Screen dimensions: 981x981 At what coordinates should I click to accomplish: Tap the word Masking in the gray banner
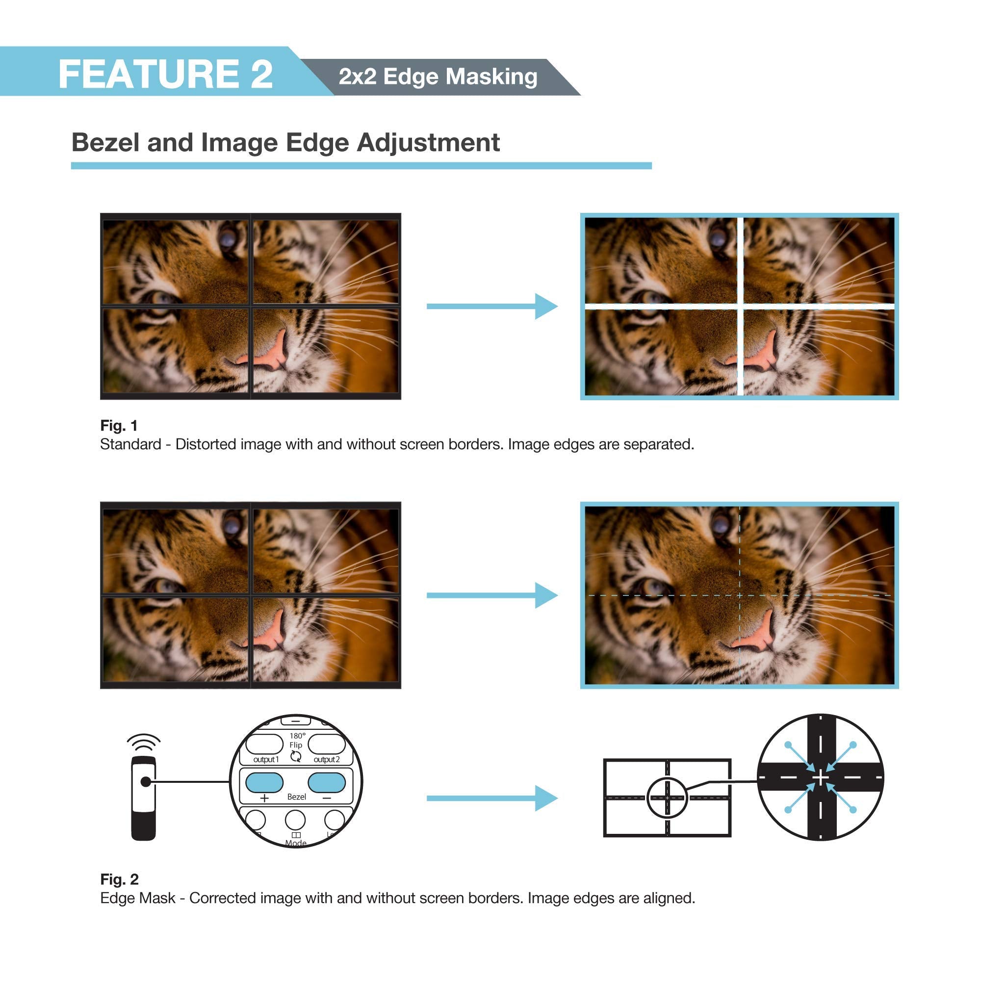point(491,77)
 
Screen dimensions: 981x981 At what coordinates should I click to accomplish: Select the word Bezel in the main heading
point(105,143)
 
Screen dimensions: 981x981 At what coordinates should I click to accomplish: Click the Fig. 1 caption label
point(119,425)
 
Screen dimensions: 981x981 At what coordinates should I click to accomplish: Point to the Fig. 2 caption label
point(119,879)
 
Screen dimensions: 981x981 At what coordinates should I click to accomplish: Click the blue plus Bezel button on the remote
point(264,782)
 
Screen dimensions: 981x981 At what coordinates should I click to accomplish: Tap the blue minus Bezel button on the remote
point(327,782)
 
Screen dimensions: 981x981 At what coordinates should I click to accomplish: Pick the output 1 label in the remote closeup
point(266,760)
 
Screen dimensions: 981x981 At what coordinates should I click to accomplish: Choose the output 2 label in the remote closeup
point(327,760)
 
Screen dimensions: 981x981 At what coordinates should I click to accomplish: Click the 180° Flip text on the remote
point(297,740)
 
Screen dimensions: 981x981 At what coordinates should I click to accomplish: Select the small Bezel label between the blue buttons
point(297,797)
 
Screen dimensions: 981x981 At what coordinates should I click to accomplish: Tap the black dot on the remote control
point(146,782)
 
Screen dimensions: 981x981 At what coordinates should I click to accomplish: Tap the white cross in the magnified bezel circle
point(820,777)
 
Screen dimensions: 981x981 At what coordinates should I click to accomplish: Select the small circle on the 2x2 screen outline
point(667,798)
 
